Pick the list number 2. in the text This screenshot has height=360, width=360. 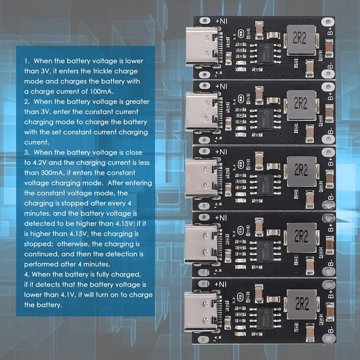click(27, 102)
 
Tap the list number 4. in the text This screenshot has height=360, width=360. click(27, 274)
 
